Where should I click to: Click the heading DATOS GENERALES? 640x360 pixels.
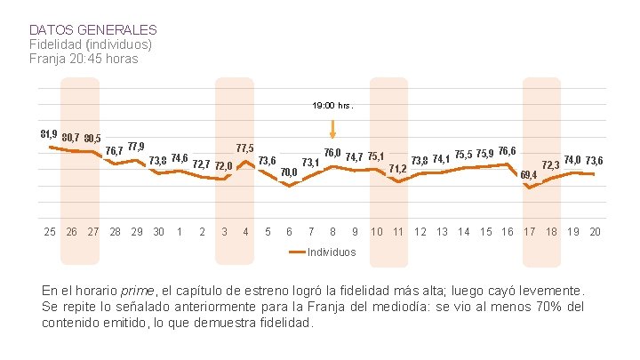click(92, 30)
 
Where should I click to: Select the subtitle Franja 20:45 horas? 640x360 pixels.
click(84, 59)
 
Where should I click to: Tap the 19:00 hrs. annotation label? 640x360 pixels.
click(332, 105)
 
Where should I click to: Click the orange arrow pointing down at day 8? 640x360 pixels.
click(332, 129)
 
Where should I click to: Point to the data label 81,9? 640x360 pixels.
click(49, 133)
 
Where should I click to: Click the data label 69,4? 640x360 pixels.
click(528, 174)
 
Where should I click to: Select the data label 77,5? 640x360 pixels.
click(245, 148)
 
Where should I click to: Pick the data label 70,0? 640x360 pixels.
click(289, 172)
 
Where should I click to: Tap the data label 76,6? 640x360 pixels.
click(508, 151)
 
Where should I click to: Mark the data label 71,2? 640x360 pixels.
click(398, 168)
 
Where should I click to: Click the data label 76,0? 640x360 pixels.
click(332, 154)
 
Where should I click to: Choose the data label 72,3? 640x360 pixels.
click(550, 165)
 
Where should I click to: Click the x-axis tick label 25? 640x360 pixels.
click(50, 232)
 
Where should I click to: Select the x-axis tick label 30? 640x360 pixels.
click(158, 232)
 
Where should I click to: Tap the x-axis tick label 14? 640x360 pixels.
click(463, 232)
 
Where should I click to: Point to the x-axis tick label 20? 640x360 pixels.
click(595, 232)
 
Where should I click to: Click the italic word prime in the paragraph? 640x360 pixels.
click(137, 291)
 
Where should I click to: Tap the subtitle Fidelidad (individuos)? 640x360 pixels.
click(90, 44)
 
